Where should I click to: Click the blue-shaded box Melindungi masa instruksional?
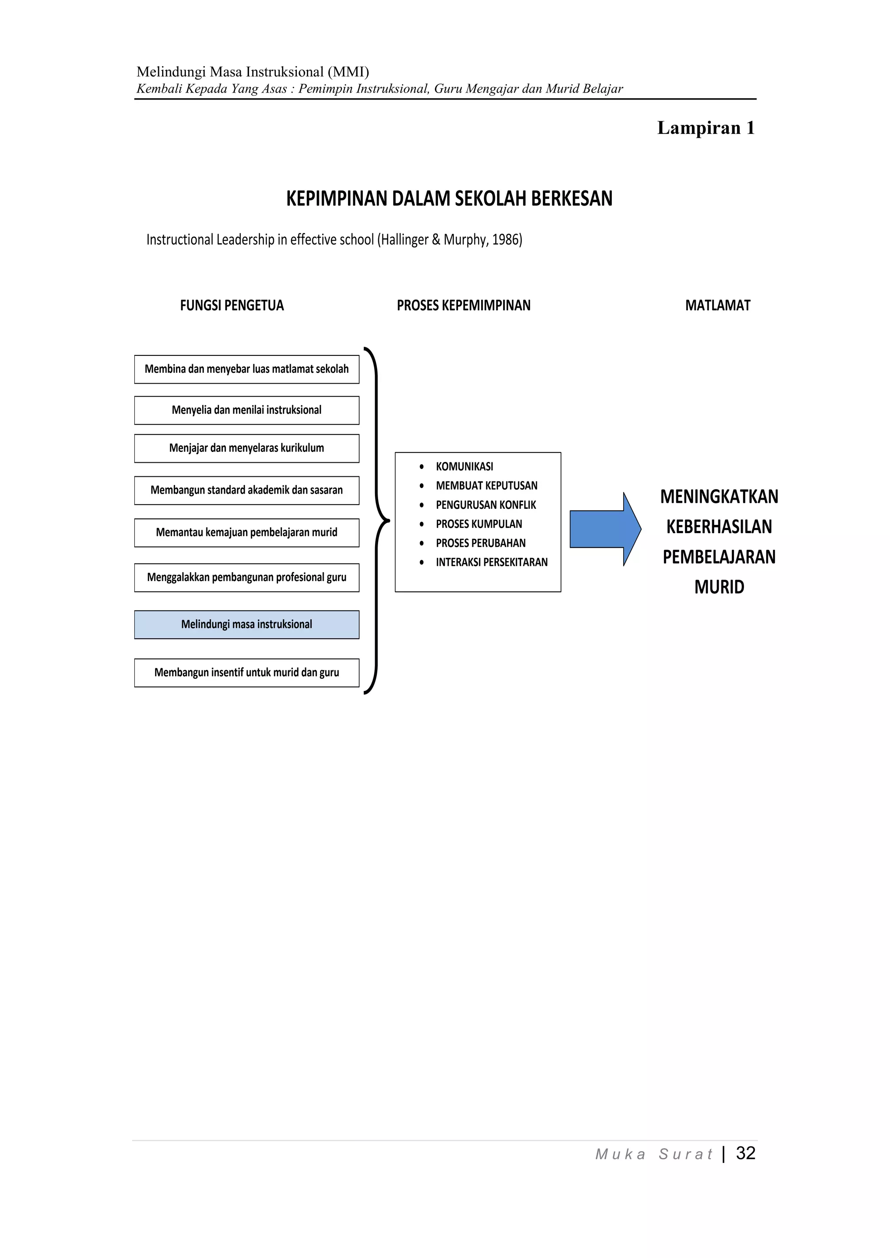pos(246,624)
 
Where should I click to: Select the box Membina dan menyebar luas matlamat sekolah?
pos(246,369)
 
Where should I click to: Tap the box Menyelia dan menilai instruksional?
pos(246,410)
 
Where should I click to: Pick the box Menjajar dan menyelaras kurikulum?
pos(246,448)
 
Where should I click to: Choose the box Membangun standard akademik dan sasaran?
pos(246,490)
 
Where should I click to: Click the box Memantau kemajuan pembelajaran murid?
pos(246,533)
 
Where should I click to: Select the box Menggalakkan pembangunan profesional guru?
pos(246,578)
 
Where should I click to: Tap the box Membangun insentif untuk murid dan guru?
pos(246,673)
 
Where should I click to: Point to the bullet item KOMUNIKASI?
pos(464,467)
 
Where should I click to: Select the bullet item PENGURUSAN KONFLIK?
pos(485,505)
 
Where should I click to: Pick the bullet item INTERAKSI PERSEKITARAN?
pos(491,562)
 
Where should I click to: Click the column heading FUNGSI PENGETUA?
pos(232,306)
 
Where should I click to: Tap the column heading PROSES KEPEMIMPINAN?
pos(464,306)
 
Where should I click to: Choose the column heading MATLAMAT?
pos(717,306)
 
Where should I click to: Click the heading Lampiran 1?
pos(706,128)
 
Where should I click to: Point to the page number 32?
pos(745,1153)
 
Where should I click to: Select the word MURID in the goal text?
pos(719,588)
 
